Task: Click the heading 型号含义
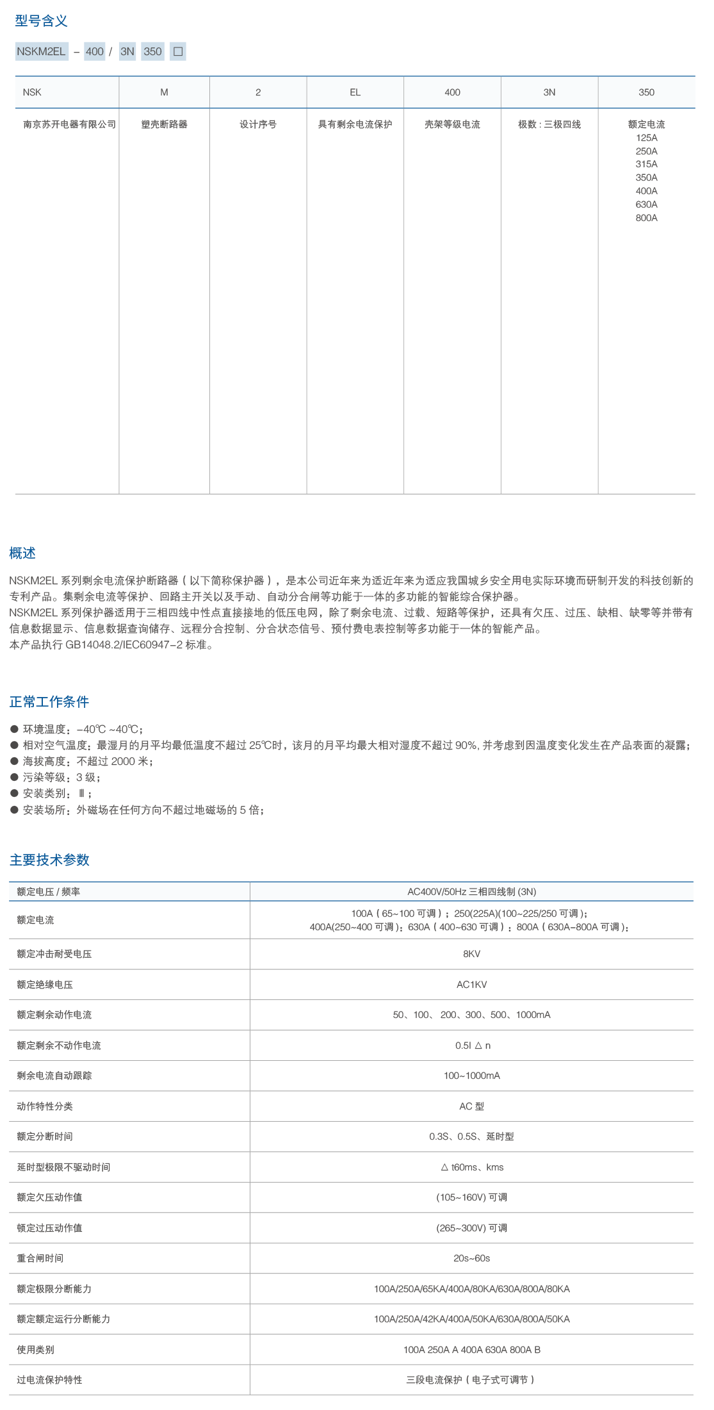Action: [41, 21]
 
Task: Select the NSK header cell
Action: [32, 93]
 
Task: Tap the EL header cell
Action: [355, 93]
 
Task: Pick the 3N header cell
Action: [549, 93]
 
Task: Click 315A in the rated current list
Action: [646, 165]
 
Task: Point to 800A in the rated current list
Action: [646, 218]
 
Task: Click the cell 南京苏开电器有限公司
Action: [69, 125]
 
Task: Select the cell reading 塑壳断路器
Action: [164, 125]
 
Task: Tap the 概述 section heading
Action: [22, 553]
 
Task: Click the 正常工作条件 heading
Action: [49, 702]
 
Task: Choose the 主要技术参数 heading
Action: [49, 860]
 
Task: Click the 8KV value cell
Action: [471, 955]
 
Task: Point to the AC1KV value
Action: [471, 985]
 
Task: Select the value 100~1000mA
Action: [471, 1076]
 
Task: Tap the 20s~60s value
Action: [471, 1259]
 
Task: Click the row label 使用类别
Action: [35, 1350]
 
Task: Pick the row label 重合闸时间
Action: [40, 1259]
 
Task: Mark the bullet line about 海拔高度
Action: [87, 762]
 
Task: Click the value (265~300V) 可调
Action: [471, 1229]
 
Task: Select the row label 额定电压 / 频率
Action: [49, 892]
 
